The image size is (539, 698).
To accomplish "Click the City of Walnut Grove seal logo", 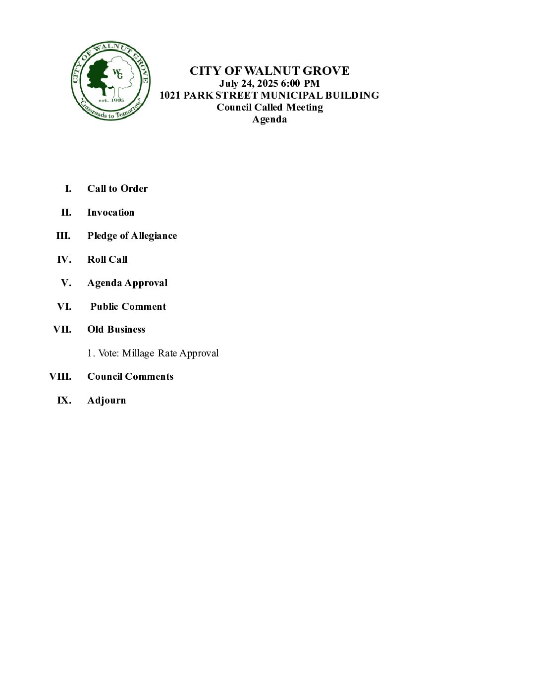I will click(x=110, y=81).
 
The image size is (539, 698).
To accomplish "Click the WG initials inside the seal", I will click(x=118, y=74).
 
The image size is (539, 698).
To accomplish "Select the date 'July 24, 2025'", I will click(x=249, y=83).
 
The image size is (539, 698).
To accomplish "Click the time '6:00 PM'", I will click(x=300, y=83).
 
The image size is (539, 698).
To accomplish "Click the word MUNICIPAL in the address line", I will click(x=292, y=95).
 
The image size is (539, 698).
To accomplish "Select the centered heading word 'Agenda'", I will click(x=269, y=119).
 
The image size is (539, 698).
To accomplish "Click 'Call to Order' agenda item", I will click(x=117, y=188).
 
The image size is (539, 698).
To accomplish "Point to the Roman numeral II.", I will click(x=66, y=212).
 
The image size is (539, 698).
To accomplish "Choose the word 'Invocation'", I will click(x=111, y=212).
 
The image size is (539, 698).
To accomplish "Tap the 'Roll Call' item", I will click(x=108, y=259).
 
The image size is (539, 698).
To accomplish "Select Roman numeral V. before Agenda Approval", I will click(x=66, y=283).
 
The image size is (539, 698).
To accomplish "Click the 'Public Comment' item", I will click(x=128, y=306).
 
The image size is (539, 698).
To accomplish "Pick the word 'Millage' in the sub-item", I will click(x=138, y=353).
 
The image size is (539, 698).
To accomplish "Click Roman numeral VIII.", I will click(x=60, y=376).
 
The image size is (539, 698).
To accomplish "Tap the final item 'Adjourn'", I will click(x=107, y=400).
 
